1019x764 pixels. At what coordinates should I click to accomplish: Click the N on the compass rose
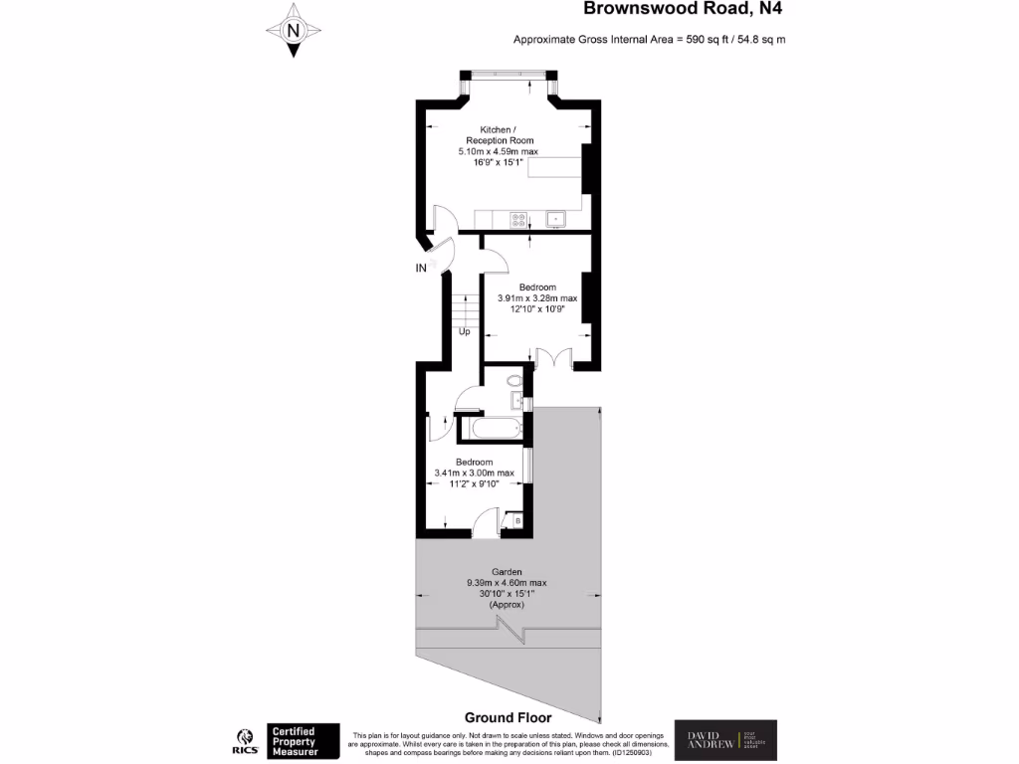click(293, 30)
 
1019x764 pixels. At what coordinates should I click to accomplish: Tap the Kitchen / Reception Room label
click(498, 135)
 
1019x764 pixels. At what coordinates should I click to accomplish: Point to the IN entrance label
click(422, 268)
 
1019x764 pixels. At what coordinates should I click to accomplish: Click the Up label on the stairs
click(464, 331)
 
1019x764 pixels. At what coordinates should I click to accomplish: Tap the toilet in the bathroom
click(513, 380)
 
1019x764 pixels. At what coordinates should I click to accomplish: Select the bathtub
click(492, 429)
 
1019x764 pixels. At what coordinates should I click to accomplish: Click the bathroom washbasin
click(517, 401)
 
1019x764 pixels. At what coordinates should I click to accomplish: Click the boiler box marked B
click(516, 520)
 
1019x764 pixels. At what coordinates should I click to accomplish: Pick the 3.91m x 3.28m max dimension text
click(537, 297)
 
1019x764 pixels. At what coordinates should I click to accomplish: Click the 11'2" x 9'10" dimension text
click(474, 483)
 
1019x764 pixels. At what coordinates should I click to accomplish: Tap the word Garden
click(507, 572)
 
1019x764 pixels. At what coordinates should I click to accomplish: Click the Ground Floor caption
click(508, 717)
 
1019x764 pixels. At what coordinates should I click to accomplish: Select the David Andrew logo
click(725, 741)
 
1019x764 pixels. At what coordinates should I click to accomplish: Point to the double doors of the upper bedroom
click(550, 358)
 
